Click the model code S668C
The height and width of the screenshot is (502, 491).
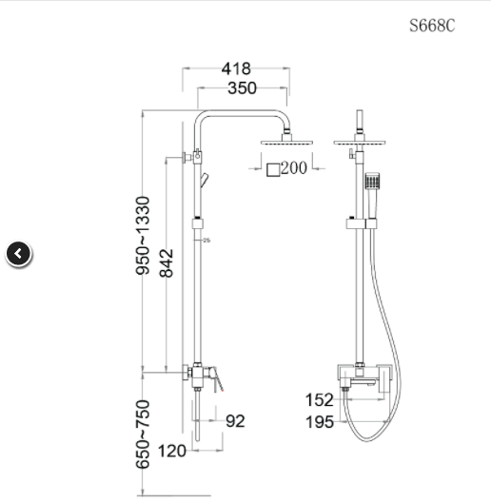[432, 26]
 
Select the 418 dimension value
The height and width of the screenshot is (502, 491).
[236, 68]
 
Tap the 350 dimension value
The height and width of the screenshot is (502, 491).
[242, 88]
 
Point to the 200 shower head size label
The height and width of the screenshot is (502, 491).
[294, 168]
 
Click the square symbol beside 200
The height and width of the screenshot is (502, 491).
[272, 169]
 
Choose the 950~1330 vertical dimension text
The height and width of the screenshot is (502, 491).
[143, 236]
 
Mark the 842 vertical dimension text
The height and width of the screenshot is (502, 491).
[167, 257]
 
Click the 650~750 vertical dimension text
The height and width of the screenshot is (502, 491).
[143, 434]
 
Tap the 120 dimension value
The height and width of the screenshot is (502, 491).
[171, 451]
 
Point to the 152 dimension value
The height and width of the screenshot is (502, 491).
[320, 400]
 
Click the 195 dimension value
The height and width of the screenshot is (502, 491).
[320, 422]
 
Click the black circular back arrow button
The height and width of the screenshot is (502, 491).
[19, 253]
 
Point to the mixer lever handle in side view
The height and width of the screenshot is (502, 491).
[217, 381]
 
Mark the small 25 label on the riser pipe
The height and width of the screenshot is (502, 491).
[206, 240]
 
